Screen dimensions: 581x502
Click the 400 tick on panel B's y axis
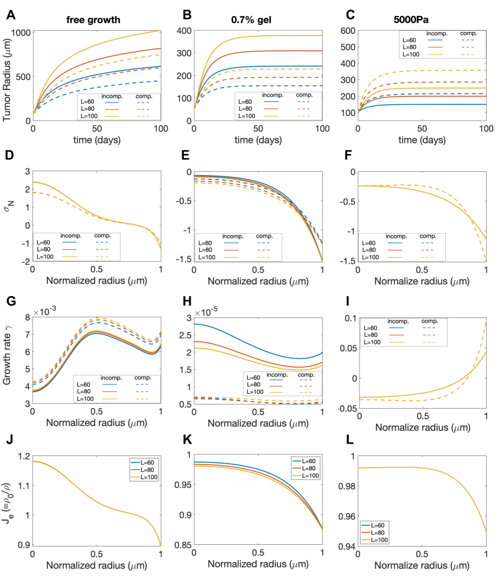[184, 30]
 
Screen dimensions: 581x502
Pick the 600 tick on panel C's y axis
[348, 30]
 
